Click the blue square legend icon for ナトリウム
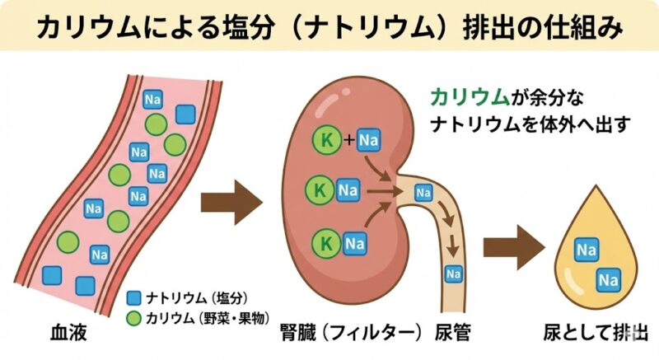click(133, 298)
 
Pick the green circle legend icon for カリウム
click(133, 318)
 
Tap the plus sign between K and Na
click(348, 140)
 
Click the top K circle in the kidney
click(327, 140)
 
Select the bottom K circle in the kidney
click(325, 243)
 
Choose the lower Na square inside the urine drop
click(609, 280)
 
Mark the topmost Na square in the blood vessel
click(152, 101)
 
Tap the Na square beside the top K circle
click(370, 140)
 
